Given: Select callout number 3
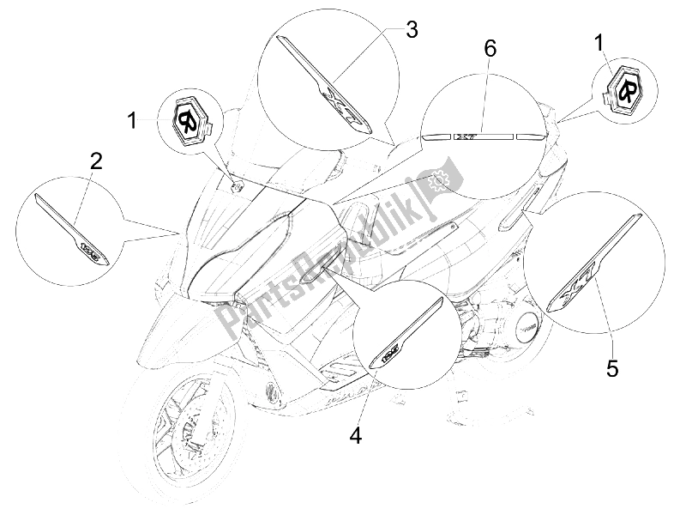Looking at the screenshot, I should (411, 30).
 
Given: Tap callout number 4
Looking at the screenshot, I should (356, 436).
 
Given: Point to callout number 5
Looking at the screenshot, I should (611, 368).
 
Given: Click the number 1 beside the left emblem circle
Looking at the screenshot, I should (132, 120).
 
